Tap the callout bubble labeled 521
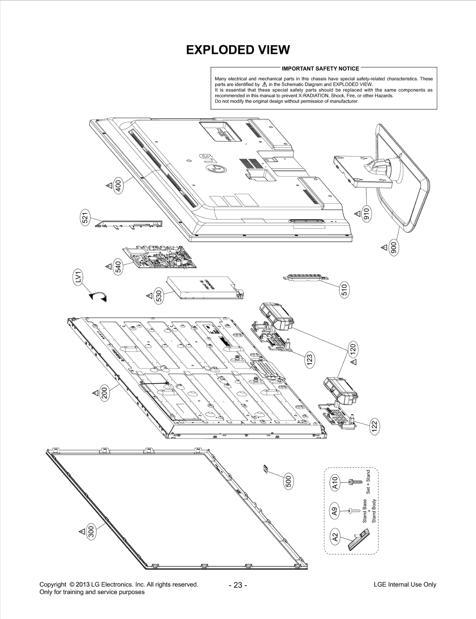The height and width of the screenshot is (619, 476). pos(85,219)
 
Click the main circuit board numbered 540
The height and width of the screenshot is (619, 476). pos(160,256)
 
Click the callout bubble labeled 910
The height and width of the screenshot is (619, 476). pos(367,214)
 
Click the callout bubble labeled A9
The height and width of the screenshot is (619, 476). pos(335,511)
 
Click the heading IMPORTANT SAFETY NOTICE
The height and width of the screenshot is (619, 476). pos(320,69)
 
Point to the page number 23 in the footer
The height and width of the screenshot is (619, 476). pos(238,585)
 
